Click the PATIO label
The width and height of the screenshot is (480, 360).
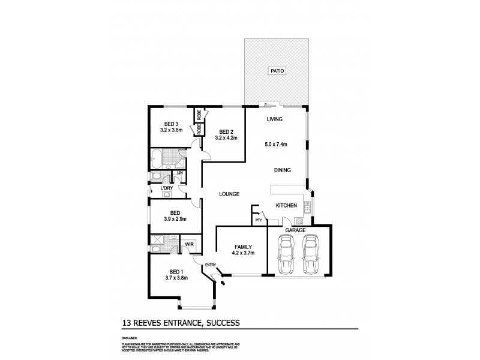tap(277, 70)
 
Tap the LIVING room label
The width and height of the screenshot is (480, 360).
tap(275, 119)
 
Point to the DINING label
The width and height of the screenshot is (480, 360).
tap(283, 170)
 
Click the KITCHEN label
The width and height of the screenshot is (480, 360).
tap(286, 206)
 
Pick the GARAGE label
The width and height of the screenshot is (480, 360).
tap(296, 230)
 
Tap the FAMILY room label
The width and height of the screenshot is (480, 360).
tap(243, 247)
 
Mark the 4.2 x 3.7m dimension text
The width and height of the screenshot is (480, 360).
tap(243, 253)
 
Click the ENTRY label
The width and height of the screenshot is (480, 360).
tap(210, 265)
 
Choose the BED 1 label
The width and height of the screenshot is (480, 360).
tap(175, 271)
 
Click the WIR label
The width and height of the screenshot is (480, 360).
tap(189, 244)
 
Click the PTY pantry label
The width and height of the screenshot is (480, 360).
tap(258, 220)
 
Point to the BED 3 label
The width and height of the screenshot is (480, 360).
tap(173, 124)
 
